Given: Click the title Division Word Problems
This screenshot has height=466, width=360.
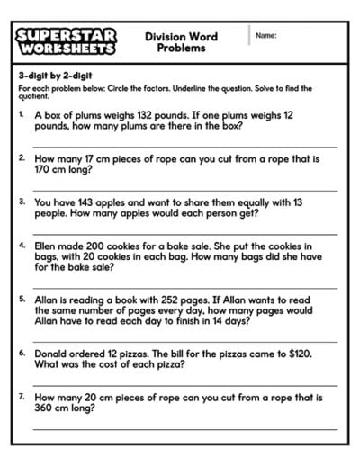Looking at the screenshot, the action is [x=181, y=41].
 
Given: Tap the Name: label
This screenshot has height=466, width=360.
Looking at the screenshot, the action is [x=265, y=35].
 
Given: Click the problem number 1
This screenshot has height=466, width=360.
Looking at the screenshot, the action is [x=21, y=115].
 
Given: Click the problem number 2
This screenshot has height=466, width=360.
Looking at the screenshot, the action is [x=21, y=157].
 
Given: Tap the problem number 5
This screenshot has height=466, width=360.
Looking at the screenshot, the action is [x=21, y=297].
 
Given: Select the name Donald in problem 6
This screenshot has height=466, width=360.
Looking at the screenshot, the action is [x=53, y=354].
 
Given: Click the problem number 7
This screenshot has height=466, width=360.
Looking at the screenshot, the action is [x=21, y=396].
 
